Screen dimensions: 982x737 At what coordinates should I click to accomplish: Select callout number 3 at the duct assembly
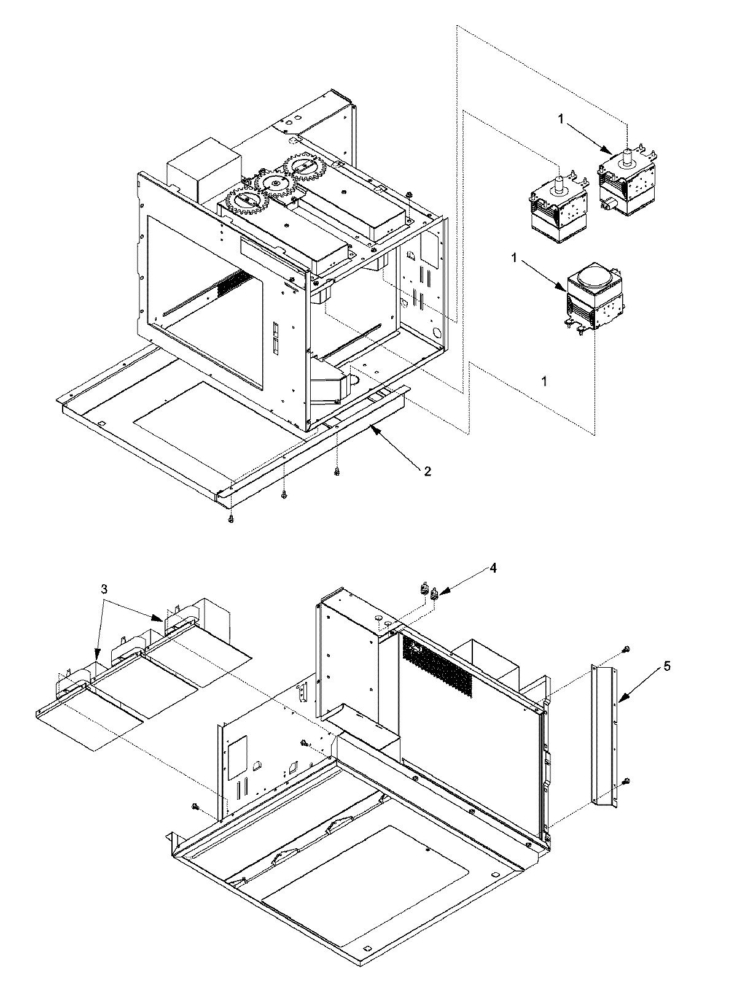point(105,589)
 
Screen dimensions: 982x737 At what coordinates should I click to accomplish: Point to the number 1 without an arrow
point(544,381)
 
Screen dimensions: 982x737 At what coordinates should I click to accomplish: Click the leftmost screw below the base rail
point(230,519)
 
